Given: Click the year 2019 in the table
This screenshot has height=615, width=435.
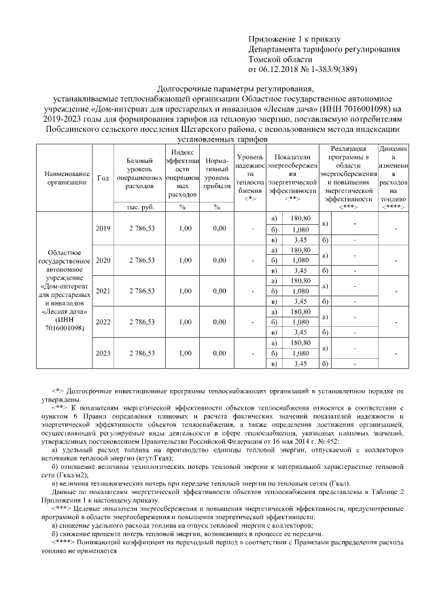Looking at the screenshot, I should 103,228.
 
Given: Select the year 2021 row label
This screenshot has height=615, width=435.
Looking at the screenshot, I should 103,291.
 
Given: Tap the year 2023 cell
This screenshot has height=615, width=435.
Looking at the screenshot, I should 103,353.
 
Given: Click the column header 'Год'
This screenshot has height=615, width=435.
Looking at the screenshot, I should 103,177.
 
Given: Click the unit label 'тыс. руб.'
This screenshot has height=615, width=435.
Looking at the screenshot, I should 139,207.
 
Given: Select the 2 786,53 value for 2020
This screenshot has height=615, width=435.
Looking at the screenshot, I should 139,260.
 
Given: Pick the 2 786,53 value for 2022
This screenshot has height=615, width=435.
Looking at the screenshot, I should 139,322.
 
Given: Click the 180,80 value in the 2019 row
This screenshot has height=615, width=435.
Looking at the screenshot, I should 300,218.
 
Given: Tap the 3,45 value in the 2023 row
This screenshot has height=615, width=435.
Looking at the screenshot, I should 300,364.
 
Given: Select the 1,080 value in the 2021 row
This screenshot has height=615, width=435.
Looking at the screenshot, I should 300,291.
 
